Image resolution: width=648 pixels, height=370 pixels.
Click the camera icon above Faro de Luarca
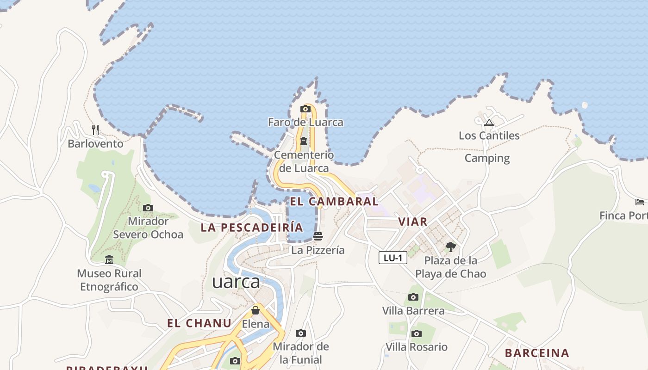(305, 109)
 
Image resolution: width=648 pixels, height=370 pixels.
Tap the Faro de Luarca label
(305, 122)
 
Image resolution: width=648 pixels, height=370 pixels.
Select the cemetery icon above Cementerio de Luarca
(304, 141)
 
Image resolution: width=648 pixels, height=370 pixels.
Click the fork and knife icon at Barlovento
(95, 129)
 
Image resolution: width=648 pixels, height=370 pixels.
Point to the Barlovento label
(95, 144)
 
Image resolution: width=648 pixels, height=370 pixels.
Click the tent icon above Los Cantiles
(489, 123)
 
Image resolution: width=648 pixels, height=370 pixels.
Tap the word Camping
(487, 158)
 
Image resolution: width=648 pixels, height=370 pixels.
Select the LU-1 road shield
(393, 258)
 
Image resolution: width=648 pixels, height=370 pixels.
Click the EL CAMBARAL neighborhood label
(334, 202)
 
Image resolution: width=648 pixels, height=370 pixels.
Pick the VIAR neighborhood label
(413, 222)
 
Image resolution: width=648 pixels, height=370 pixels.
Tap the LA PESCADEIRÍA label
(252, 228)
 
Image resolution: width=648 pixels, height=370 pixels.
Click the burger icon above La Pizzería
(318, 236)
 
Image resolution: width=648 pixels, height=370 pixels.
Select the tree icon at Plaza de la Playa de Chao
(450, 247)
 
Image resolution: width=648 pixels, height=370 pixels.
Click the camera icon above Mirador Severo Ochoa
(148, 208)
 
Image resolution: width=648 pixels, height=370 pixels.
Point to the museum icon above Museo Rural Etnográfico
(109, 260)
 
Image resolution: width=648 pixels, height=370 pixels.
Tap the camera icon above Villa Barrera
(413, 297)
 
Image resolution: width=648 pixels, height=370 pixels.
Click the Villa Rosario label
(417, 347)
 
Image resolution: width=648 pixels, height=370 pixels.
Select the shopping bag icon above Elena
(255, 310)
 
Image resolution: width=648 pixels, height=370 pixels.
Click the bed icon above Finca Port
(640, 202)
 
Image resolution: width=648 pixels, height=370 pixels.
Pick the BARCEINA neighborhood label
(537, 353)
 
